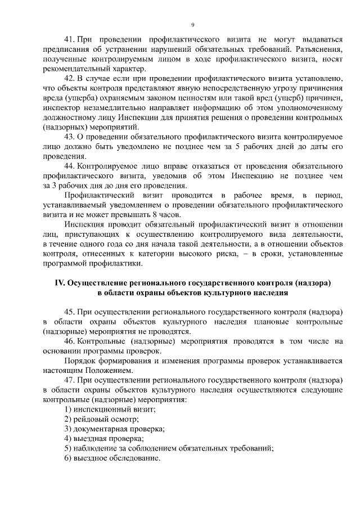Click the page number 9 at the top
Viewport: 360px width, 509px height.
[192, 25]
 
